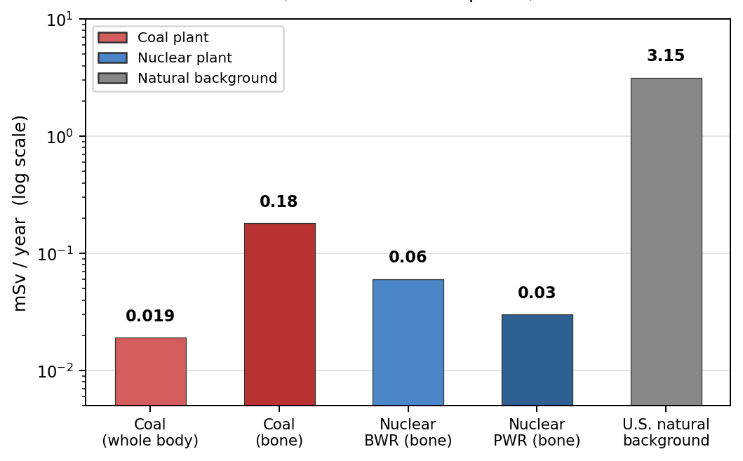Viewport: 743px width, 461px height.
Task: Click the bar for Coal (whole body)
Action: [x=150, y=371]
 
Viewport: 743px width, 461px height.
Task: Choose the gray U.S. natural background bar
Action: [x=666, y=241]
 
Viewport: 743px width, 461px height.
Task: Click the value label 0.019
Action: [x=150, y=316]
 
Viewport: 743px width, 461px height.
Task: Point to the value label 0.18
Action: [x=279, y=202]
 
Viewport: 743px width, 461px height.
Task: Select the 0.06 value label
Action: [x=408, y=258]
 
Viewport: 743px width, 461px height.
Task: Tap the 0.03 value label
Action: [x=537, y=293]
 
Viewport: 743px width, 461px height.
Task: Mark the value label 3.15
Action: [x=666, y=56]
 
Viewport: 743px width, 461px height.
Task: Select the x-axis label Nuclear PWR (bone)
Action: [x=537, y=432]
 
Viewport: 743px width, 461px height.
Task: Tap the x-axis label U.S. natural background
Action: [x=666, y=432]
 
